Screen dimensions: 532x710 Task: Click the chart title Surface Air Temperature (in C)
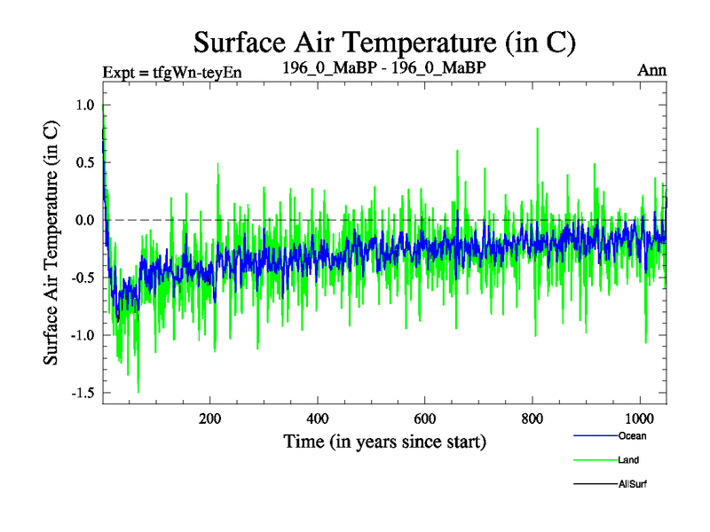(x=385, y=42)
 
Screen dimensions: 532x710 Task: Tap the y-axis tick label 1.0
(x=84, y=106)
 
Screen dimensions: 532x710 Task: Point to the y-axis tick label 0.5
(x=84, y=162)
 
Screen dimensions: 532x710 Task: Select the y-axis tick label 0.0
(x=84, y=220)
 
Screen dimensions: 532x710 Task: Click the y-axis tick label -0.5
(x=82, y=278)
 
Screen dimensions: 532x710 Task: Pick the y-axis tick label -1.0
(x=82, y=335)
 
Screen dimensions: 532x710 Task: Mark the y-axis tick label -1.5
(x=82, y=393)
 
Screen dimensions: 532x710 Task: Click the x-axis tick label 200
(x=209, y=419)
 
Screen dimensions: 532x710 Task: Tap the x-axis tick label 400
(x=317, y=419)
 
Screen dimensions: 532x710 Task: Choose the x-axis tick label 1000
(x=639, y=419)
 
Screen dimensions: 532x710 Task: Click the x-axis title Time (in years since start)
(x=384, y=441)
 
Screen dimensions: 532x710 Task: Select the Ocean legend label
(x=633, y=435)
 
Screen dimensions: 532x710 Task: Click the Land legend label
(x=629, y=460)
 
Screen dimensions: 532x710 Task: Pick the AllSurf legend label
(x=634, y=484)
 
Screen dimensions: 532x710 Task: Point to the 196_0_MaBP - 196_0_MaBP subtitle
(x=383, y=67)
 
